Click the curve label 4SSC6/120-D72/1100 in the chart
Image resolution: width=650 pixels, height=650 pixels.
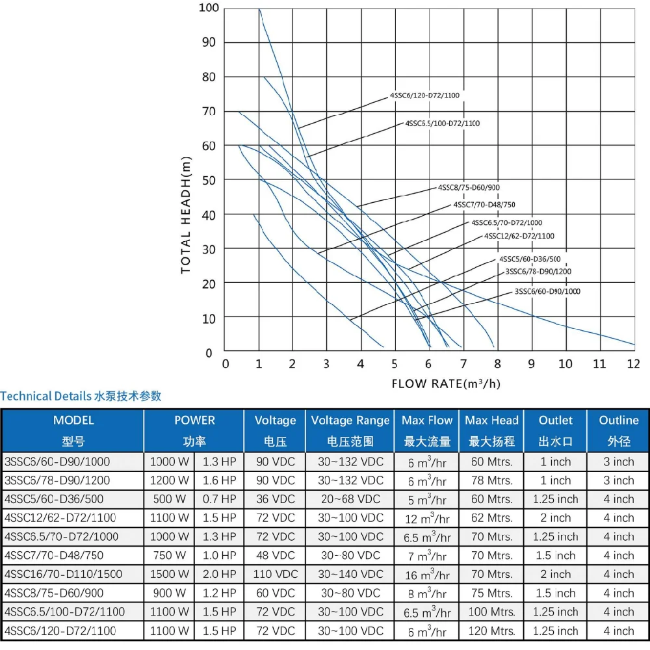coord(424,96)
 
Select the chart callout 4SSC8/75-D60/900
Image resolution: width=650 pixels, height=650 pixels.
coord(469,188)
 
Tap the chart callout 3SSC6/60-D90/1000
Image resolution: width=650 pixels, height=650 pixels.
coord(547,291)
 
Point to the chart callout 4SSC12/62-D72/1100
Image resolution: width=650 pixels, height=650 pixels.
coord(519,236)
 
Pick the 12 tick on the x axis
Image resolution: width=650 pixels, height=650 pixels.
coord(634,363)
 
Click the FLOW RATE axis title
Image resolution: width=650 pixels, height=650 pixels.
coord(446,383)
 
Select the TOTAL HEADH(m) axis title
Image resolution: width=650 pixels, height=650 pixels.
coord(187,214)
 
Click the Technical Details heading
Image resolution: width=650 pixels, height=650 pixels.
coord(81,396)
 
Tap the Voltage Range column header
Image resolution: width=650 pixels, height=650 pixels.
coord(350,430)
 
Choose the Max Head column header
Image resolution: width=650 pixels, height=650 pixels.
coord(491,430)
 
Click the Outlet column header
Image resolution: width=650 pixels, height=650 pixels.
coord(556,430)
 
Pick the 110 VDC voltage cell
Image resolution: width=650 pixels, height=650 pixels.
coord(275,574)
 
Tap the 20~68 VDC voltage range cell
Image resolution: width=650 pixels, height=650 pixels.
coord(350,499)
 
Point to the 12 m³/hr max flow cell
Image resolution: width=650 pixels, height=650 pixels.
coord(426,518)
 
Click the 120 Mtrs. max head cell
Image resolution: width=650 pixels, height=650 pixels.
coord(491,630)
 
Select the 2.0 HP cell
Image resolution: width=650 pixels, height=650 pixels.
coord(219,574)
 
